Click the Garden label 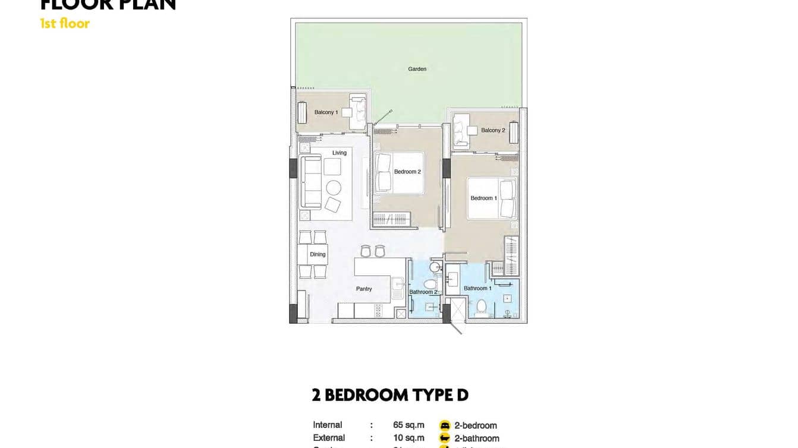pos(417,69)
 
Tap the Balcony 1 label pos(326,112)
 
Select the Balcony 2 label pos(493,130)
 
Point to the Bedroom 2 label pos(407,172)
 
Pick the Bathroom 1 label pos(477,289)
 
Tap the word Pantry pos(364,289)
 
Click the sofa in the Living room pos(310,181)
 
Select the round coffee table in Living pos(334,188)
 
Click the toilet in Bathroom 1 pos(482,306)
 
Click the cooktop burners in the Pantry pos(377,310)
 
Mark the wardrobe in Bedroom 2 pos(392,220)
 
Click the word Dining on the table pos(318,254)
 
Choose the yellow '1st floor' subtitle pos(65,24)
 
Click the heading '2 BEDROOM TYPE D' pos(390,395)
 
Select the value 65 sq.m pos(409,425)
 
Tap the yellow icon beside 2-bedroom pos(445,425)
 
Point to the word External pos(329,438)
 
